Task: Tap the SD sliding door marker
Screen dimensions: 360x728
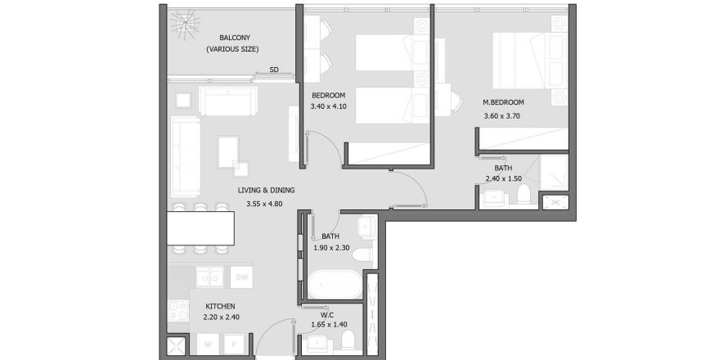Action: click(x=275, y=70)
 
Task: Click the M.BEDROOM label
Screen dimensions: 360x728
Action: click(x=502, y=102)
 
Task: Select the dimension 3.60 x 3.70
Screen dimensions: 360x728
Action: click(x=502, y=116)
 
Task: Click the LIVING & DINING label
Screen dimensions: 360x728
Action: click(x=266, y=191)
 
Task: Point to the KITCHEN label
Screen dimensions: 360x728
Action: click(x=221, y=306)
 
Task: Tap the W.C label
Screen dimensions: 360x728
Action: click(x=327, y=313)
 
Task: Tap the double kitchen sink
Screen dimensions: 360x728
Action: click(x=206, y=276)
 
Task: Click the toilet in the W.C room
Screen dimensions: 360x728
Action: click(x=347, y=338)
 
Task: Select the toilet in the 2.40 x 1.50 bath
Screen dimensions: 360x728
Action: click(x=524, y=195)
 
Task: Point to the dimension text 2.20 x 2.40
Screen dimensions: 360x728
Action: click(x=221, y=317)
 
